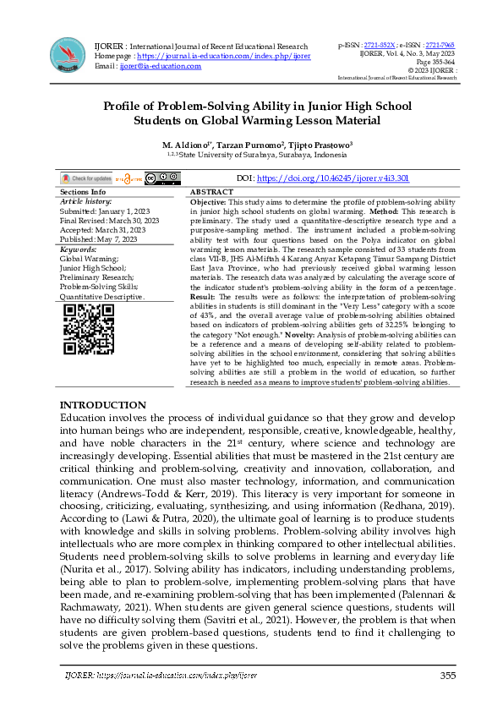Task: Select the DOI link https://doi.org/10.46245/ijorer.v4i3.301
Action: pyautogui.click(x=320, y=179)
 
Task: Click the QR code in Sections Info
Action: pyautogui.click(x=89, y=329)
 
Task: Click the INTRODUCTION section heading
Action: pyautogui.click(x=102, y=406)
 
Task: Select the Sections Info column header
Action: pyautogui.click(x=84, y=193)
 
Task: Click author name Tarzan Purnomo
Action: pyautogui.click(x=249, y=145)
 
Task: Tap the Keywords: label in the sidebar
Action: pyautogui.click(x=78, y=250)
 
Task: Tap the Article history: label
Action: pyautogui.click(x=86, y=202)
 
